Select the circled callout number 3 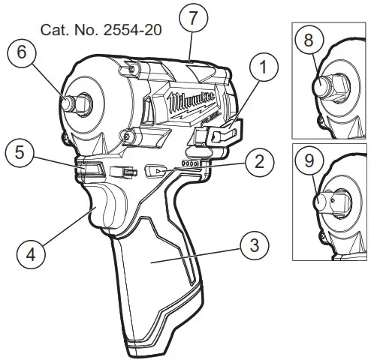(x=254, y=244)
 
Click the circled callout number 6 (x=22, y=54)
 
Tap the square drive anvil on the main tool (x=74, y=101)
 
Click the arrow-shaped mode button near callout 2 (x=155, y=170)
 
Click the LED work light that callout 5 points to (x=91, y=170)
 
